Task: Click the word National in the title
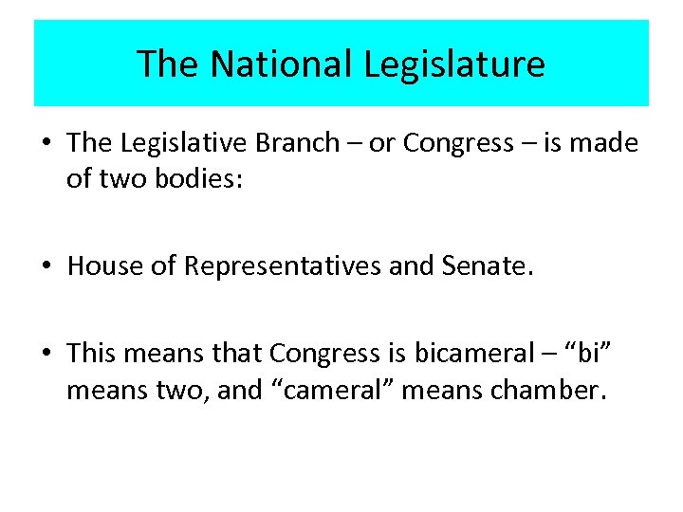282,64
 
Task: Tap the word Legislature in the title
454,64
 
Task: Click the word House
103,266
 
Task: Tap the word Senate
485,266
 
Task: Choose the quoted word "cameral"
329,389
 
